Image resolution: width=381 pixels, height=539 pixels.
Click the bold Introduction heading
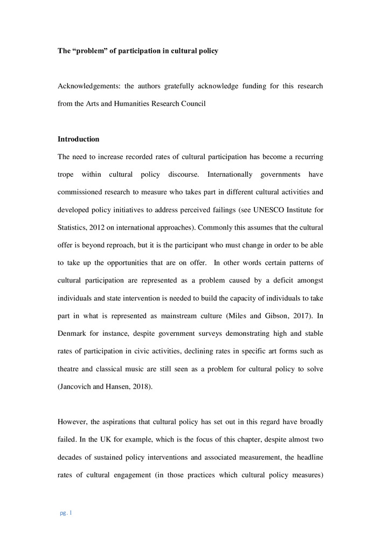pyautogui.click(x=79, y=139)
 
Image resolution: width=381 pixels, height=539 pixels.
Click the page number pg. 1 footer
pyautogui.click(x=66, y=513)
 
